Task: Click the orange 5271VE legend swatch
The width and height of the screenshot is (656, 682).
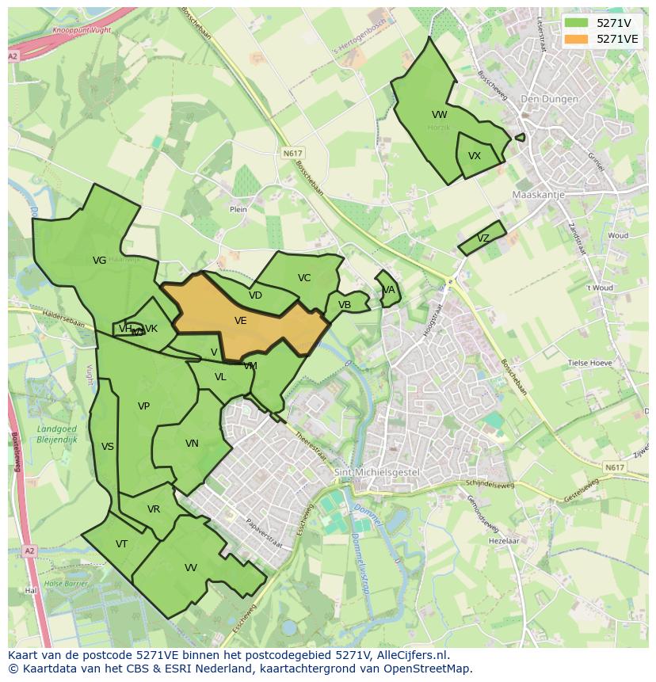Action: [x=577, y=39]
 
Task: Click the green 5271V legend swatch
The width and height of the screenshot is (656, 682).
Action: [x=577, y=23]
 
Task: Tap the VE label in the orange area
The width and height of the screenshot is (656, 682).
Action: [x=241, y=321]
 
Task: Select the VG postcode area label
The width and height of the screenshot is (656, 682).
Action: [x=99, y=261]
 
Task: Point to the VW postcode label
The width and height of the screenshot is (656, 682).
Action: [x=440, y=115]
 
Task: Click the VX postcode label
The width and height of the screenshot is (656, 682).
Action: [x=475, y=156]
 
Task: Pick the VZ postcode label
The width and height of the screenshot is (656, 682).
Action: [x=483, y=238]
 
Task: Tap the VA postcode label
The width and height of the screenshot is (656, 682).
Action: [x=388, y=290]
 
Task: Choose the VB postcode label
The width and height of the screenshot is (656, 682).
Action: [x=345, y=305]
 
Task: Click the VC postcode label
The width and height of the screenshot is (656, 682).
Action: [x=304, y=278]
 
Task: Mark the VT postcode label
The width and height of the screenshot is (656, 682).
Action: [x=121, y=544]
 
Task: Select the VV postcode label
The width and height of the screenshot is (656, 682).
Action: [x=191, y=568]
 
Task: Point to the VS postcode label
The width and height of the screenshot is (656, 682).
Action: [x=108, y=447]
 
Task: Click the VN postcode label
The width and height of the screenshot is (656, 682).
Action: [x=192, y=444]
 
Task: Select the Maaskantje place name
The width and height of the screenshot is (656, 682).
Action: [x=536, y=194]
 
